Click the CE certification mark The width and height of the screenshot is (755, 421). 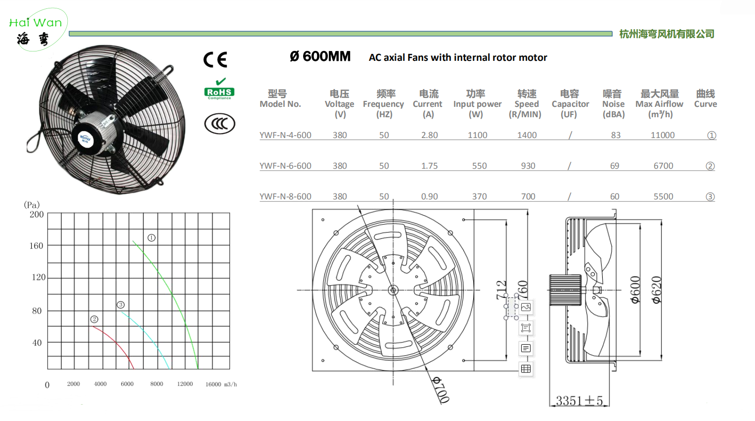pyautogui.click(x=216, y=60)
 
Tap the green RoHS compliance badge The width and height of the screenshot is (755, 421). pyautogui.click(x=220, y=89)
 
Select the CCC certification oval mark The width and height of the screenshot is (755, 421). pyautogui.click(x=220, y=124)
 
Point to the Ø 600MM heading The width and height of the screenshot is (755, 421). pyautogui.click(x=320, y=56)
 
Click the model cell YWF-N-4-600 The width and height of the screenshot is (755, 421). pyautogui.click(x=285, y=135)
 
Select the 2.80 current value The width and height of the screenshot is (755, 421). pyautogui.click(x=429, y=135)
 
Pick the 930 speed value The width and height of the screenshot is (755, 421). pyautogui.click(x=528, y=166)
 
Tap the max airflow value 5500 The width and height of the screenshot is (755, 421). pyautogui.click(x=664, y=196)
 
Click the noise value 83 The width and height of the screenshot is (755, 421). pyautogui.click(x=616, y=135)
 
